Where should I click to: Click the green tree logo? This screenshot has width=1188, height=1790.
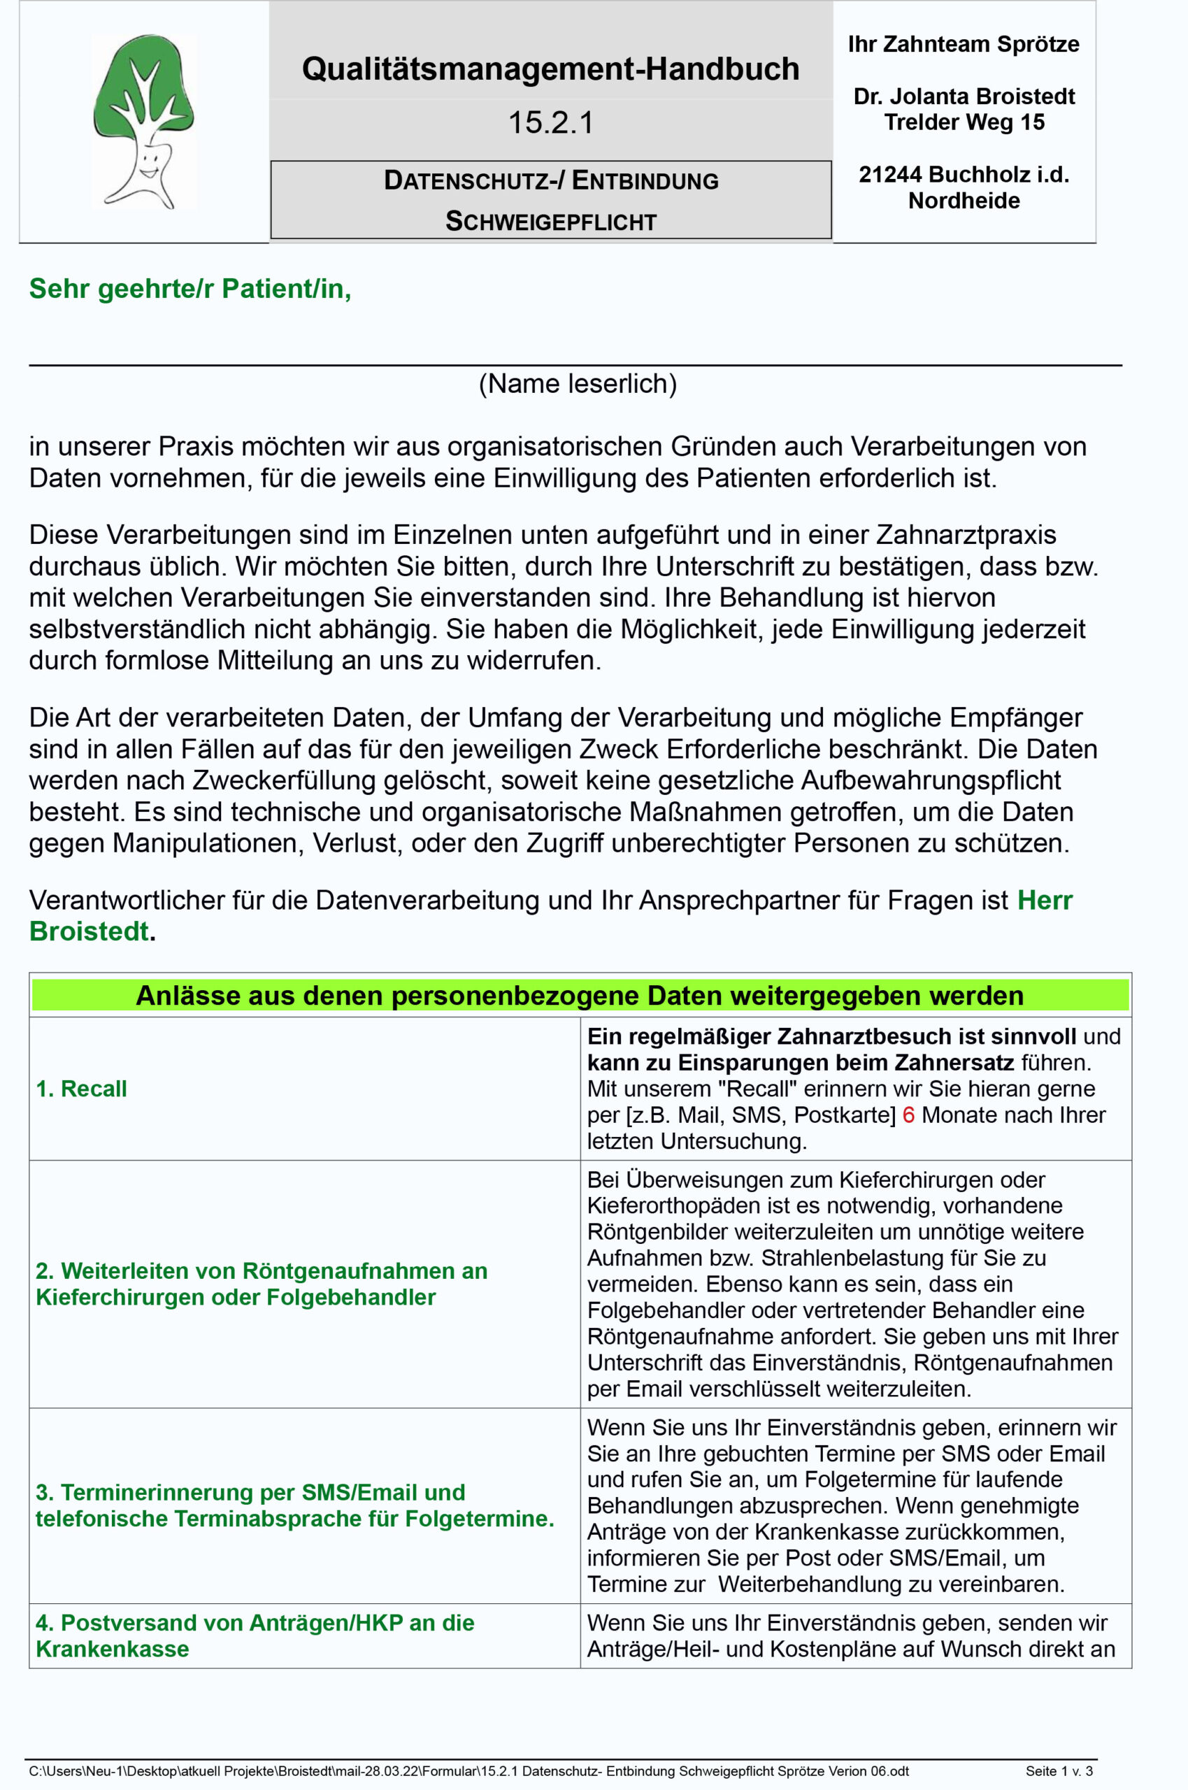pos(143,121)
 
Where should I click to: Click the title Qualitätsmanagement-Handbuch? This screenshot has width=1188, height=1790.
pos(551,69)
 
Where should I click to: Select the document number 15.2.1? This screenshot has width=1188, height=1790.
pos(551,123)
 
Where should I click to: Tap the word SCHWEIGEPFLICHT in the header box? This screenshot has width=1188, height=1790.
pos(551,222)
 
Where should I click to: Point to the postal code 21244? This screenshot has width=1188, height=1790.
pos(890,175)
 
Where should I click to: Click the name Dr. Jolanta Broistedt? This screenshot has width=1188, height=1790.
pos(964,96)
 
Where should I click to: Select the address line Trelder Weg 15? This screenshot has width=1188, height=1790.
pos(964,122)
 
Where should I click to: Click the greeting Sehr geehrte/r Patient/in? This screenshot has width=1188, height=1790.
pos(189,289)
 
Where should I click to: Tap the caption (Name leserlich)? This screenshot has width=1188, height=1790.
pos(578,384)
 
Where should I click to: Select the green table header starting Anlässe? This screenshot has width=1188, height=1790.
pos(580,996)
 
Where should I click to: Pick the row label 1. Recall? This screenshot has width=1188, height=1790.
pos(81,1089)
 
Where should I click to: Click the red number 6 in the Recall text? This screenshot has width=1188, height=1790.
pos(908,1115)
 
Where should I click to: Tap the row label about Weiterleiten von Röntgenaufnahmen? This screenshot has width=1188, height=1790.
pos(262,1283)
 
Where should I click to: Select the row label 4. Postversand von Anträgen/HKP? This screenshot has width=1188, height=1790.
pos(255,1635)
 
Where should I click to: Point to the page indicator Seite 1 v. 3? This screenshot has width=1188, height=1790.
pos(1059,1771)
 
